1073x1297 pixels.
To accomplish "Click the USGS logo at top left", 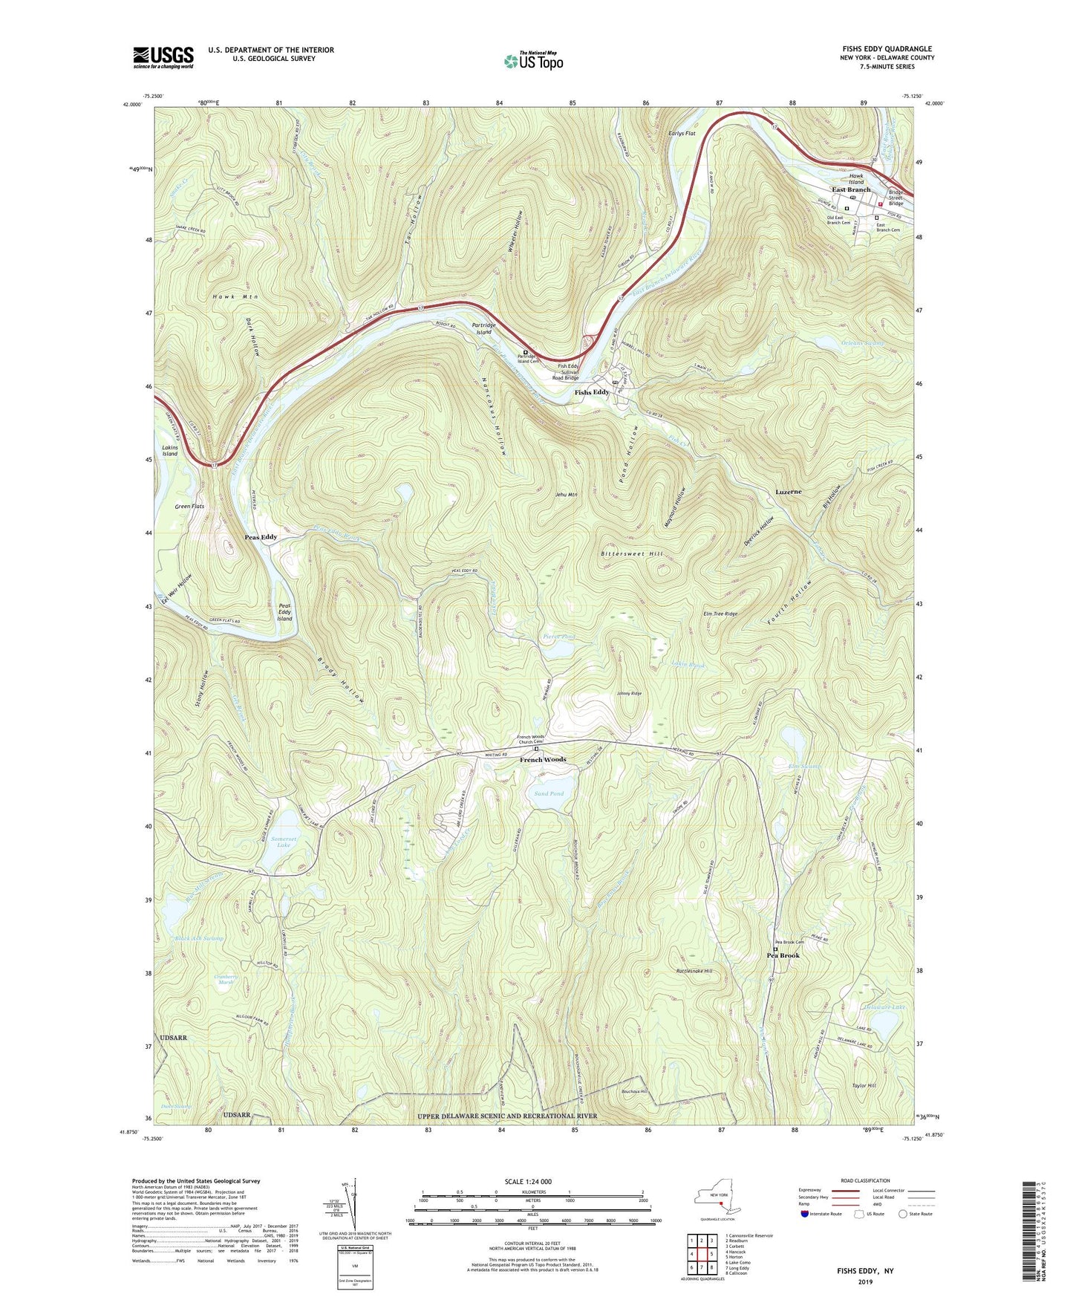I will pyautogui.click(x=163, y=57).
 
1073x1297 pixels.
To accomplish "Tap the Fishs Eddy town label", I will pyautogui.click(x=592, y=392).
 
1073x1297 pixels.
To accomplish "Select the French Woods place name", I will pyautogui.click(x=542, y=759).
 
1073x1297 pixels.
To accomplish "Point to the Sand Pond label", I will pyautogui.click(x=549, y=793).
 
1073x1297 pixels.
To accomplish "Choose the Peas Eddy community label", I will pyautogui.click(x=261, y=536).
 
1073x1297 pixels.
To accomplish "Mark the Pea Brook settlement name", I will pyautogui.click(x=783, y=955).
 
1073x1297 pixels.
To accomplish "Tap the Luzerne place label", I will pyautogui.click(x=789, y=492).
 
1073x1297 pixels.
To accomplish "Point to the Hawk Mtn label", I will pyautogui.click(x=235, y=296).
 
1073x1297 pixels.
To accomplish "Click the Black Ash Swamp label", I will pyautogui.click(x=198, y=938).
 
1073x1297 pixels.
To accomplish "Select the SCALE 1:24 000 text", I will pyautogui.click(x=528, y=1181).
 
